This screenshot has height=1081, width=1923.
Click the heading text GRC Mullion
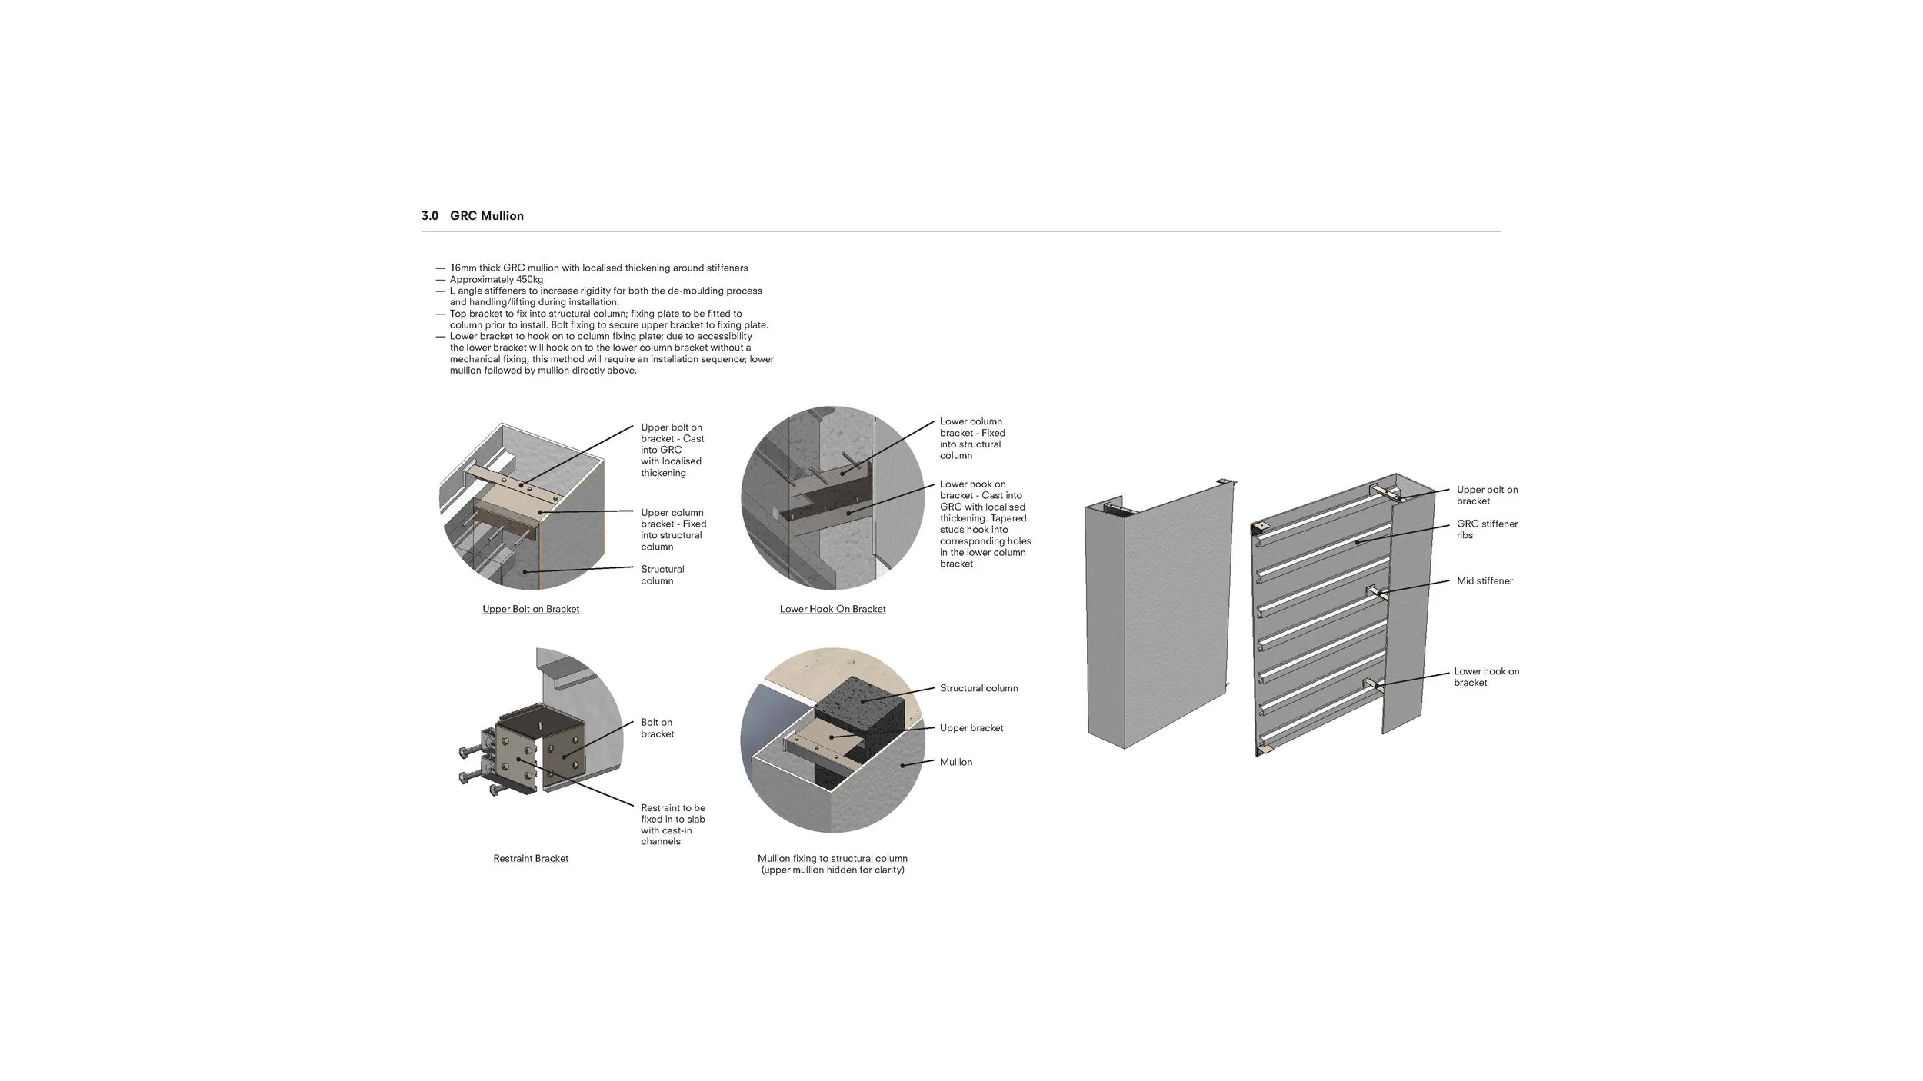coord(487,216)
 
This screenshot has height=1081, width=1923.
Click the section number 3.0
coord(429,216)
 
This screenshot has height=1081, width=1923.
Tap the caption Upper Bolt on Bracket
coord(531,609)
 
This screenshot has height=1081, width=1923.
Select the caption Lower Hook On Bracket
coord(832,609)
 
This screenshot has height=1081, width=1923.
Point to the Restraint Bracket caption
coord(531,858)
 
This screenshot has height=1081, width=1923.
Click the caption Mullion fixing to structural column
coord(832,858)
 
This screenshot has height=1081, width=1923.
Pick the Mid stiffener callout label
coord(1485,581)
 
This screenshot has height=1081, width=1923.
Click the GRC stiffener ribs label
coord(1487,530)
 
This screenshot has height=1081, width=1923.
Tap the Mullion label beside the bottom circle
coord(956,762)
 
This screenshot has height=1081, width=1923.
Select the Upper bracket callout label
coord(971,728)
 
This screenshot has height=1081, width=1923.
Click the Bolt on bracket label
coord(658,728)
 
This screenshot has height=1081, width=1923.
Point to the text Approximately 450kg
coord(496,279)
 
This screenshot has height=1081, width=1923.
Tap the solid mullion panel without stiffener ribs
coord(1158,615)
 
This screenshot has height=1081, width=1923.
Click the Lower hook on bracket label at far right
coord(1486,677)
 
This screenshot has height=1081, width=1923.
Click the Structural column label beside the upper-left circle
coord(662,575)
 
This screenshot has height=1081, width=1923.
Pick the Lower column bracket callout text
coord(972,438)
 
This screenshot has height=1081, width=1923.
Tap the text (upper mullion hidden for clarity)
coord(832,870)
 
